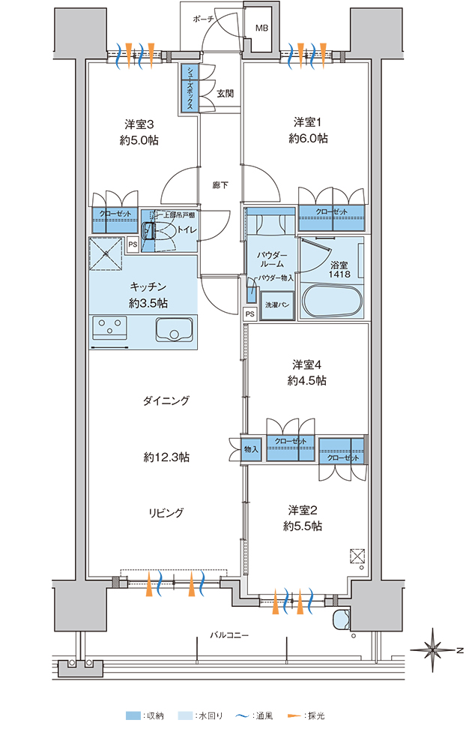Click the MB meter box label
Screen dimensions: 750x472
point(261,28)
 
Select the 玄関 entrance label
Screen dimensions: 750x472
point(226,94)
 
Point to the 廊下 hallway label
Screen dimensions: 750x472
point(220,184)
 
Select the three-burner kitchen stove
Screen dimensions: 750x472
point(109,328)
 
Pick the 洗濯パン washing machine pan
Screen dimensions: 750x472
point(276,304)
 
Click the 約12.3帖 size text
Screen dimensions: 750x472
point(166,457)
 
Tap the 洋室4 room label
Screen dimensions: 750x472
point(307,364)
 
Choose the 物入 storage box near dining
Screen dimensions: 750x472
point(251,450)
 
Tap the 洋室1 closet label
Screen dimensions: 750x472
point(331,212)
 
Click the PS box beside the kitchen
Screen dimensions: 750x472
point(132,244)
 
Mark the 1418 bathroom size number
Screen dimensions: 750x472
point(339,274)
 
